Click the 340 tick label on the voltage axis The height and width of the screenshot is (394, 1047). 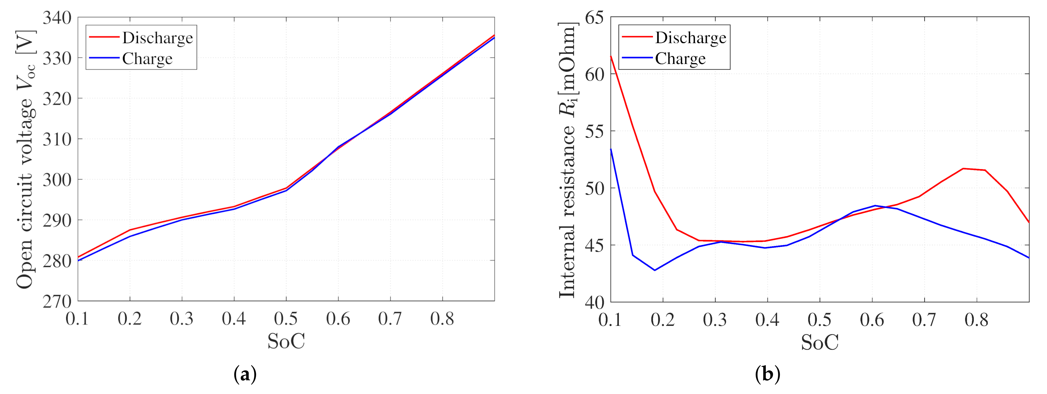(57, 18)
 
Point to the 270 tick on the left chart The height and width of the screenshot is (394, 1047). (57, 302)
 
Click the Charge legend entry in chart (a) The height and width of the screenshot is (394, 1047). (147, 59)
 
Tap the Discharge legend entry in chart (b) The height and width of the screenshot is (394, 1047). (690, 38)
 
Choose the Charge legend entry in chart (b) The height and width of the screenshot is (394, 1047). (680, 59)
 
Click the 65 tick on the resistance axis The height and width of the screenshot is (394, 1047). (594, 18)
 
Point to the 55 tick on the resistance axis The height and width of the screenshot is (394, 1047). (594, 131)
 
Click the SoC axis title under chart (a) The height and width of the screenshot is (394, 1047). (286, 341)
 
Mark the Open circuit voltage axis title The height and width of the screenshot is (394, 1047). (25, 159)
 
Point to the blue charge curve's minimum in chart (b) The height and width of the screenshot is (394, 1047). (654, 270)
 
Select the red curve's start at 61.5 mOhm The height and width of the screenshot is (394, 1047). (611, 57)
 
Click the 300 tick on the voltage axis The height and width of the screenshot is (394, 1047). (57, 179)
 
